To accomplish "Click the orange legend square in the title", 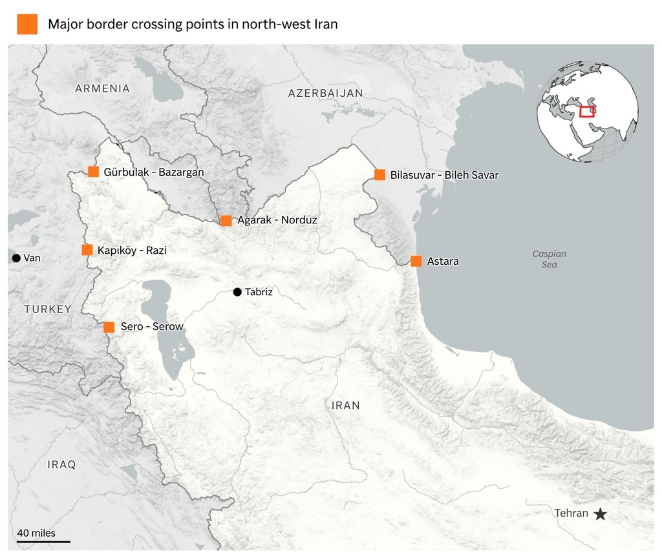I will point(27,25).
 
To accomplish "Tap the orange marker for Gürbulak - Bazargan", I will point(94,172).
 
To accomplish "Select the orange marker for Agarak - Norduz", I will point(226,221).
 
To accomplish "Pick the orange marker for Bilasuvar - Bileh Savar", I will point(379,175).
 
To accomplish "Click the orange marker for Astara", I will point(416,262).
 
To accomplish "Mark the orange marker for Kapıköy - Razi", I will point(87,250).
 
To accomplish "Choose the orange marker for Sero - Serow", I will point(109,327).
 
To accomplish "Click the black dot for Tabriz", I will point(237,292).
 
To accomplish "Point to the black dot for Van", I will point(16,258).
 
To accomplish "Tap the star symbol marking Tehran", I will point(601,514).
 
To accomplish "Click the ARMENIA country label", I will point(102,88).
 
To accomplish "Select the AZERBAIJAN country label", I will point(325,93).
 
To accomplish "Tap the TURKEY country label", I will point(48,309).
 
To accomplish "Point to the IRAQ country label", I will point(61,464).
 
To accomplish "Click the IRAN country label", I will point(345,406).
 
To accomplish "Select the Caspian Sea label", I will point(550,259).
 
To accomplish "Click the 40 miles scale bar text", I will point(36,533).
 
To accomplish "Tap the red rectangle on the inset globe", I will point(587,112).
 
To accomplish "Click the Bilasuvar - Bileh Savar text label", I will point(444,175).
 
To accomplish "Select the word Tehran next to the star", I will point(571,513).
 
